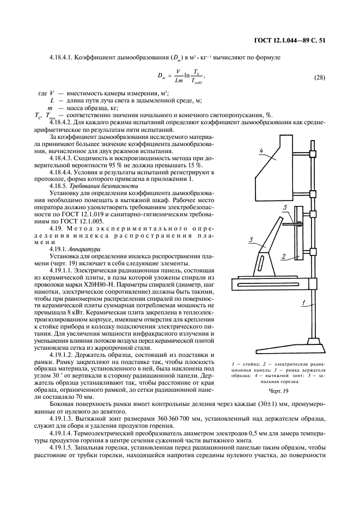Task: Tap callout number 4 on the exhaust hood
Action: click(x=261, y=150)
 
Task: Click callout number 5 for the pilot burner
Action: click(x=284, y=208)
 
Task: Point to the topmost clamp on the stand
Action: click(x=313, y=156)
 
